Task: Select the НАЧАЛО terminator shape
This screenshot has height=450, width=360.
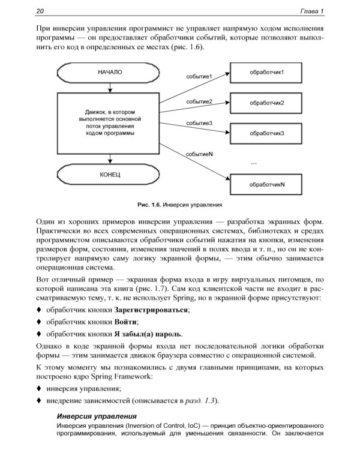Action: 110,73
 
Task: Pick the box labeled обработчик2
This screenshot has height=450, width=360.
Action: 266,103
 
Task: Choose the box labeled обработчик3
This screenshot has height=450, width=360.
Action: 266,133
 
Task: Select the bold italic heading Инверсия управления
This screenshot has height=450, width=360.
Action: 96,416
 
